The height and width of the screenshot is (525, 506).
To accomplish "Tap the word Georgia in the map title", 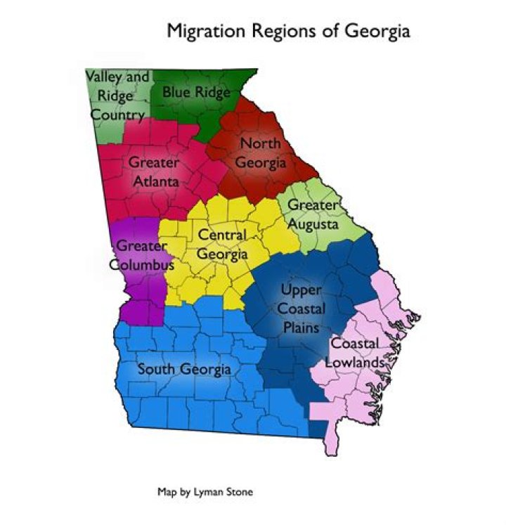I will click(x=376, y=32).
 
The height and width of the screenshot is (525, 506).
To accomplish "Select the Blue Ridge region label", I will click(x=196, y=91).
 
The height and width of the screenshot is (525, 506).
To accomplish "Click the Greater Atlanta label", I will click(x=153, y=171).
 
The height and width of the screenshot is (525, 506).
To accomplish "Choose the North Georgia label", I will click(x=261, y=153).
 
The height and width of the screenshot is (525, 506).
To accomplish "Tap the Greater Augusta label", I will click(x=313, y=214).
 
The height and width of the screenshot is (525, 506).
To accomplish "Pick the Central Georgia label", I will click(x=222, y=244).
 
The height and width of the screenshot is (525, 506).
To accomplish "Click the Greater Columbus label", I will click(x=142, y=255).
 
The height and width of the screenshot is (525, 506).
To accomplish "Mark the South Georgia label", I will click(x=184, y=369).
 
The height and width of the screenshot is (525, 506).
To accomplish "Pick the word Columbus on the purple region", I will click(x=142, y=265).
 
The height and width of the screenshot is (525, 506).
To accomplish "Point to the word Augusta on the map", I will click(x=313, y=224).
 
